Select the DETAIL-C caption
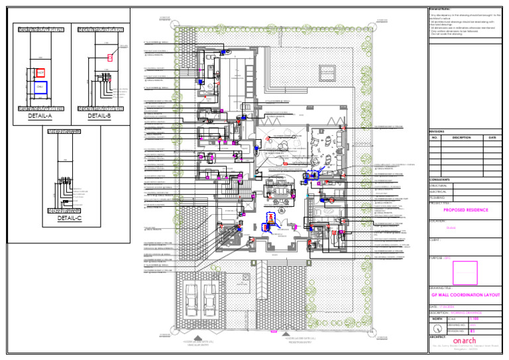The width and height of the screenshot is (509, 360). pos(69,217)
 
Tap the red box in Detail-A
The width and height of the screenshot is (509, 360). pos(40,72)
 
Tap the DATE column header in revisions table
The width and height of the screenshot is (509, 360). pos(492,138)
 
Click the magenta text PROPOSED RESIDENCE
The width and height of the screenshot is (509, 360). pos(465,210)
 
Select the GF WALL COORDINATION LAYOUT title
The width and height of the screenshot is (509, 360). pos(465,294)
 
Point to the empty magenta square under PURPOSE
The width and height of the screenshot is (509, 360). pos(465,272)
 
